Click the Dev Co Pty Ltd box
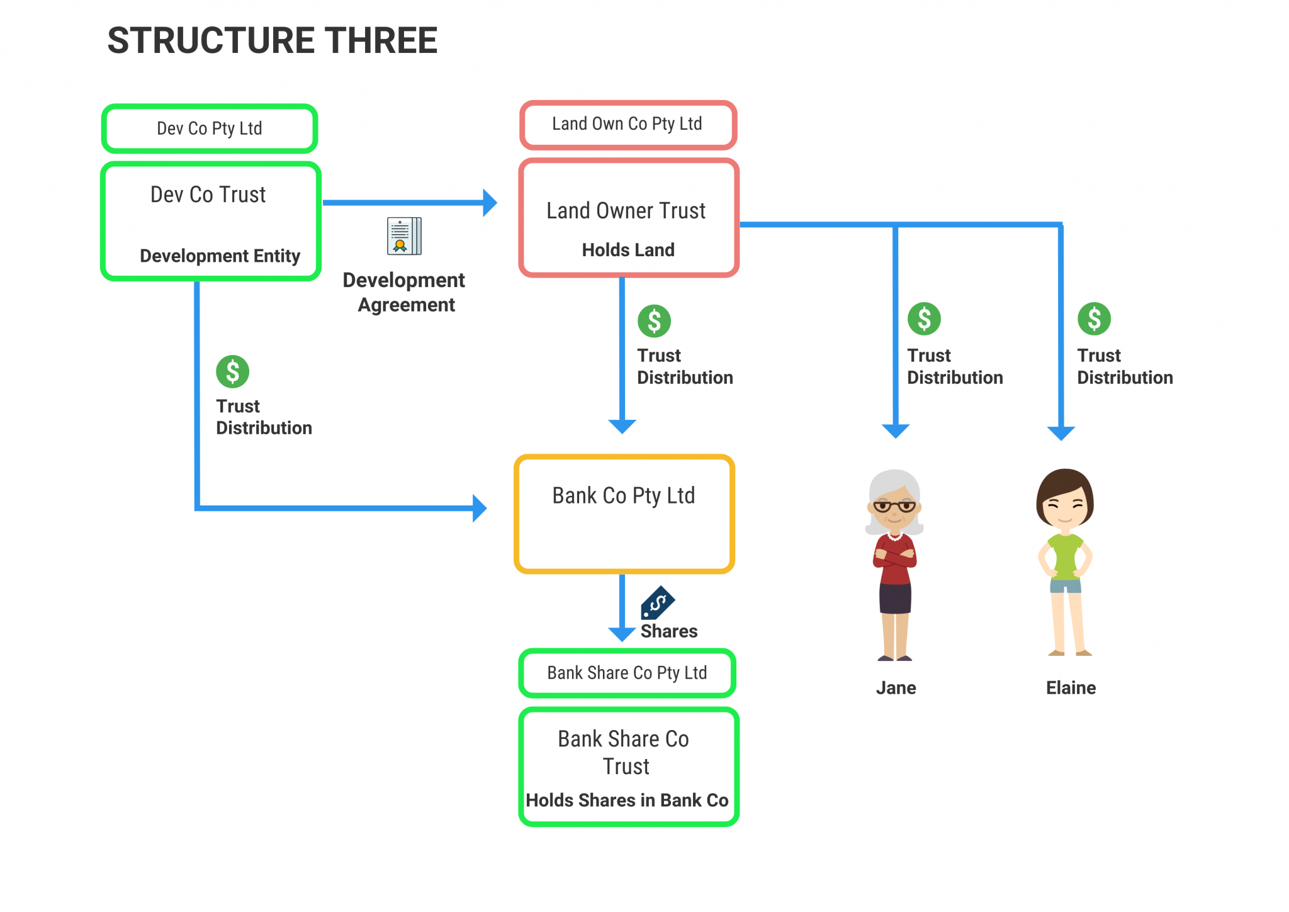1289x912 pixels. tap(209, 128)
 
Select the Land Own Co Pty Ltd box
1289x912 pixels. tap(627, 124)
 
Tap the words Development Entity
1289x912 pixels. tap(220, 256)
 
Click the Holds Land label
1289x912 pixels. tap(628, 250)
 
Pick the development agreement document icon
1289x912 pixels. tap(404, 236)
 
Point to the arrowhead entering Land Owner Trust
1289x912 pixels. tap(490, 203)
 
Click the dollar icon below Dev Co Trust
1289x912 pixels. tap(232, 371)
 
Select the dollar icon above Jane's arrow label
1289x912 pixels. tap(923, 318)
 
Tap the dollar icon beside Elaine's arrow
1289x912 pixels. tap(1093, 318)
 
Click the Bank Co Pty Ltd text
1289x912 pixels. tap(623, 496)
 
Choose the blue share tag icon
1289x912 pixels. tap(657, 603)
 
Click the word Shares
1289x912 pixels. tap(668, 631)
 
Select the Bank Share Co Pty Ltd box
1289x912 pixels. tap(627, 673)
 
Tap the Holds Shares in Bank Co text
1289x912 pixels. tap(627, 800)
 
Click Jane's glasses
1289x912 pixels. tap(894, 506)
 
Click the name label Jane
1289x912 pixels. tap(895, 688)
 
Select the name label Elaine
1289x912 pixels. tap(1070, 688)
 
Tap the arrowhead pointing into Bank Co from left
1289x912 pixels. tap(480, 508)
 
